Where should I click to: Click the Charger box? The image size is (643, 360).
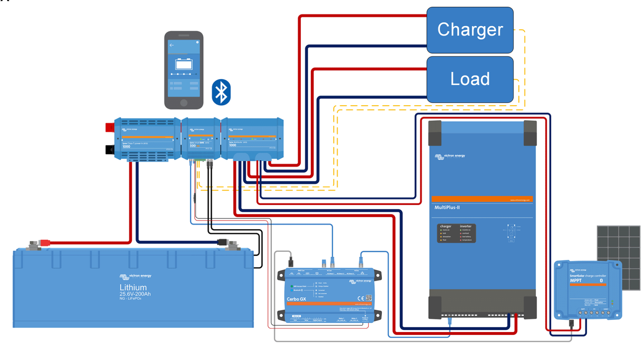[x=470, y=30]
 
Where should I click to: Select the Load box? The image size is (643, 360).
[x=470, y=79]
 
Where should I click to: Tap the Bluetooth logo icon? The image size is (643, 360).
[x=221, y=92]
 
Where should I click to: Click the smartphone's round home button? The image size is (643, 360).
[x=184, y=103]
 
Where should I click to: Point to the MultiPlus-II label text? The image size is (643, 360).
[x=447, y=208]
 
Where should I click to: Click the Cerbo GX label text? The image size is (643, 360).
[x=296, y=299]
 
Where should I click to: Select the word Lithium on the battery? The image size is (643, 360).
[x=133, y=288]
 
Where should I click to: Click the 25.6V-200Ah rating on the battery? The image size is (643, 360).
[x=135, y=294]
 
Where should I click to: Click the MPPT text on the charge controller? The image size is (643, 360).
[x=576, y=280]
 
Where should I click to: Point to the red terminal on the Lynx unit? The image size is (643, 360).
[x=110, y=127]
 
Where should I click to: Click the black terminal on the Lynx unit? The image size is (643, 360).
[x=110, y=150]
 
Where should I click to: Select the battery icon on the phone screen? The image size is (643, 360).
[x=184, y=64]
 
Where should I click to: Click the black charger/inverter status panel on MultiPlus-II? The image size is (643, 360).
[x=457, y=233]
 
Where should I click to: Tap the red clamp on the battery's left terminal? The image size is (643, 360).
[x=44, y=243]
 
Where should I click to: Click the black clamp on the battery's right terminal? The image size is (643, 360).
[x=223, y=242]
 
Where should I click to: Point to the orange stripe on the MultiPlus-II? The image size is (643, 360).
[x=482, y=199]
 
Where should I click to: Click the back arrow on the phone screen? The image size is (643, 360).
[x=172, y=45]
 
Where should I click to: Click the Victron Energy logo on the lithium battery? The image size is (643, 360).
[x=136, y=277]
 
